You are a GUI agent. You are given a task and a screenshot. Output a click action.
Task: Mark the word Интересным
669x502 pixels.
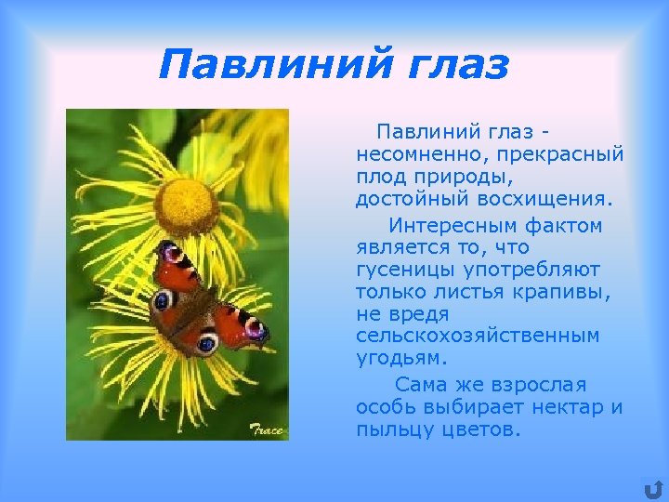[x=450, y=226]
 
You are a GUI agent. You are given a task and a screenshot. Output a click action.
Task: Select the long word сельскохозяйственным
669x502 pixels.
[x=478, y=336]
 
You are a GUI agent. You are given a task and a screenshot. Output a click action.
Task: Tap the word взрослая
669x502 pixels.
[x=541, y=385]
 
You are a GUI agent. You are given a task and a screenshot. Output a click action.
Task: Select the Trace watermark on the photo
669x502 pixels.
[x=268, y=430]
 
